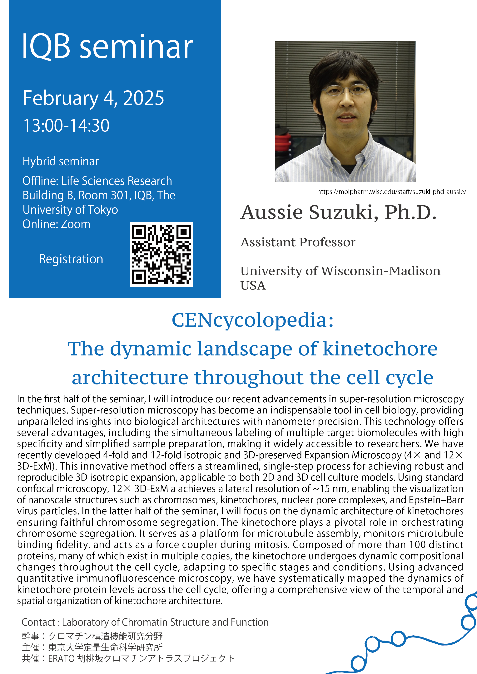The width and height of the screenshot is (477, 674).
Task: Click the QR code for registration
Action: tap(161, 254)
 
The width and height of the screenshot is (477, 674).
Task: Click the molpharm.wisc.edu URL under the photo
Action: tap(391, 192)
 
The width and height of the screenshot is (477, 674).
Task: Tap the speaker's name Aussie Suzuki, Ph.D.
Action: tap(339, 212)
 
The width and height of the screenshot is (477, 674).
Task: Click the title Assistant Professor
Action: tap(298, 242)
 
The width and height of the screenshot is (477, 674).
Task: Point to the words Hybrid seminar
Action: tap(61, 161)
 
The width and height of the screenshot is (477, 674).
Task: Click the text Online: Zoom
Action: tap(56, 224)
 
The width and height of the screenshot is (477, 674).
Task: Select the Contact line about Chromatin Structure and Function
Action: tap(145, 622)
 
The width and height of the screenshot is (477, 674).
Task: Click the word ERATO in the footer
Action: tap(61, 658)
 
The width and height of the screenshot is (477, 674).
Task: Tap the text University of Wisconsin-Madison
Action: tap(340, 271)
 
